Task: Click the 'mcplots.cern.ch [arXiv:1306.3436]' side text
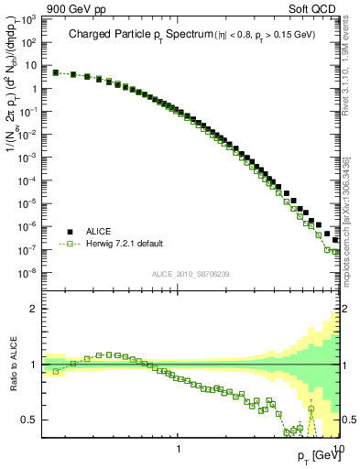pyautogui.click(x=352, y=220)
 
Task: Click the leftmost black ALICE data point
pyautogui.click(x=56, y=72)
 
